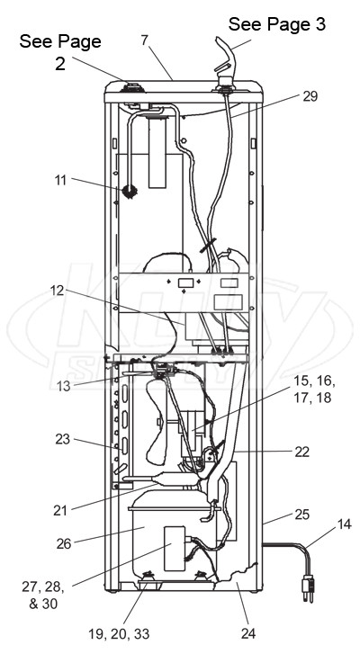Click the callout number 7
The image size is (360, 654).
(144, 41)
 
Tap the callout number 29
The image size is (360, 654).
(310, 96)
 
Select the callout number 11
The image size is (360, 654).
(60, 181)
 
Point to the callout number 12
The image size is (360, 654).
(57, 291)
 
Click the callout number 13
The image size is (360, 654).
(63, 386)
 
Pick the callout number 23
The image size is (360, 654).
(63, 439)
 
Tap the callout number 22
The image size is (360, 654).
(301, 452)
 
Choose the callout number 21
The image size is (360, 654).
(60, 510)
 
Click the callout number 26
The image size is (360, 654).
(64, 544)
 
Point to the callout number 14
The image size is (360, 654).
(344, 524)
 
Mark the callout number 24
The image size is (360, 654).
(247, 633)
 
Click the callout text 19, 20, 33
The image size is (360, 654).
(119, 634)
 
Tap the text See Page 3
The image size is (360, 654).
(277, 24)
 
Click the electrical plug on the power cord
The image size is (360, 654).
(308, 587)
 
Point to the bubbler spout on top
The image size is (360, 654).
(225, 58)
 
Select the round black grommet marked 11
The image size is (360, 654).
(130, 192)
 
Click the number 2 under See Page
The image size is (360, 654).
(60, 64)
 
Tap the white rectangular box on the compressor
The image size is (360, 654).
(175, 549)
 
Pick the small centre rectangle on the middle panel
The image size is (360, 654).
(185, 283)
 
